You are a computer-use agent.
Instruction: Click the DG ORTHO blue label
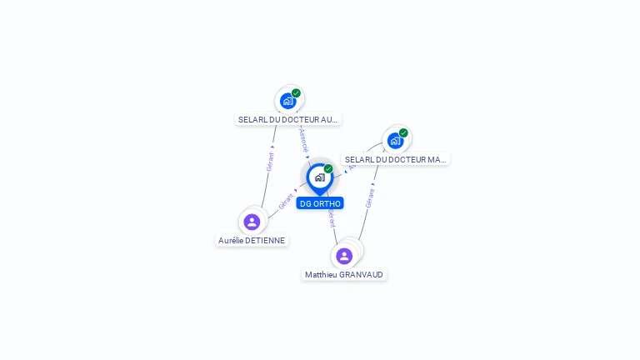click(x=320, y=203)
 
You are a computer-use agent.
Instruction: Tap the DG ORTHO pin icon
click(x=319, y=177)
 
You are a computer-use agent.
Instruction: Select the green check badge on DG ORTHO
click(x=328, y=169)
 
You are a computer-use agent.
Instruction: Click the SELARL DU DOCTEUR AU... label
click(x=288, y=119)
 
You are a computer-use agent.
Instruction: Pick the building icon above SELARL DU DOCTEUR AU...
click(x=288, y=101)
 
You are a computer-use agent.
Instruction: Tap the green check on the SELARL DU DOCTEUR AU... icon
click(x=296, y=93)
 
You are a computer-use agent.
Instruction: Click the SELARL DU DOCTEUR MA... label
click(x=396, y=159)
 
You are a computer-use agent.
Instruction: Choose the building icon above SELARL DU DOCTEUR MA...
click(x=396, y=140)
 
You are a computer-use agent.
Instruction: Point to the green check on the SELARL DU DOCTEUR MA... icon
click(x=403, y=132)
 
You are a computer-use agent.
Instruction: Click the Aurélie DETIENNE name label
click(x=252, y=240)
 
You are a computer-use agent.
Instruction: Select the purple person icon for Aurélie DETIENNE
click(x=252, y=222)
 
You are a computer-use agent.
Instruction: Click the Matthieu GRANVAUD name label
click(x=345, y=274)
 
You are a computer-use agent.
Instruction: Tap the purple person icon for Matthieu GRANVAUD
click(x=344, y=256)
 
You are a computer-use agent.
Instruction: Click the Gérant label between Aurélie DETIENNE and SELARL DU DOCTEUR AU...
click(x=270, y=161)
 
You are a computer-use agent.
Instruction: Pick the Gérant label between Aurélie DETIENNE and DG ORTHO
click(x=286, y=201)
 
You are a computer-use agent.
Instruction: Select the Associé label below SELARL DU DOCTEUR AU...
click(x=303, y=139)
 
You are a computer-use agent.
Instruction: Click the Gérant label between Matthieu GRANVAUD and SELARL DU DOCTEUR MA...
click(x=370, y=197)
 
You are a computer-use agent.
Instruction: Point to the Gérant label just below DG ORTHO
click(x=331, y=218)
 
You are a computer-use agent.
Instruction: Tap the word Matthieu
click(x=321, y=274)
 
